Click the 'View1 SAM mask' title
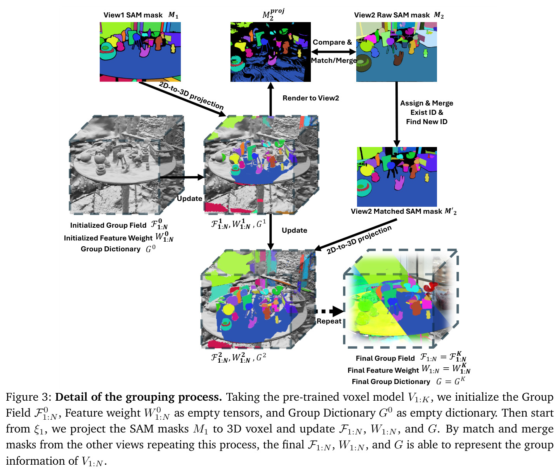tap(133, 15)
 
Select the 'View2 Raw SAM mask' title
tap(392, 15)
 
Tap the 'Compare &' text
tap(332, 42)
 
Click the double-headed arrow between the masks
tap(333, 52)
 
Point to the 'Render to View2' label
tap(311, 98)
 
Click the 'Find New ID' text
tap(427, 122)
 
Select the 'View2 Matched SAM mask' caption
tap(396, 211)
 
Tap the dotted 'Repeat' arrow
tap(329, 311)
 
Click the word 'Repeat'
tap(329, 321)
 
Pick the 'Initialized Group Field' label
tap(108, 225)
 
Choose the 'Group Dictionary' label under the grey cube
tap(111, 249)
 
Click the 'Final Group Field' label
tap(385, 358)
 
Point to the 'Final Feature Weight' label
tap(383, 370)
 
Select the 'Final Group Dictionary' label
tap(391, 382)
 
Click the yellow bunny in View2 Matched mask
tap(427, 178)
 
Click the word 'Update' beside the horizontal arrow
tap(189, 199)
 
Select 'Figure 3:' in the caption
tap(29, 397)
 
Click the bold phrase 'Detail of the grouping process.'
tap(139, 397)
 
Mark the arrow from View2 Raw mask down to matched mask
tap(397, 114)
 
